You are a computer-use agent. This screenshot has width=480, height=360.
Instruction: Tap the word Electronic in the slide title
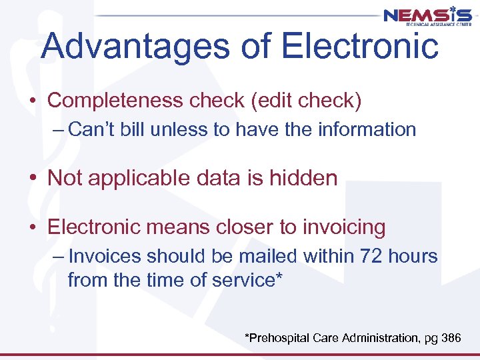(x=360, y=47)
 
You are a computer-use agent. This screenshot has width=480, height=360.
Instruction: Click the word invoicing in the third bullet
(x=343, y=227)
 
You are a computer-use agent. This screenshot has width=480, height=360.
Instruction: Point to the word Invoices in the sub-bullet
(x=105, y=256)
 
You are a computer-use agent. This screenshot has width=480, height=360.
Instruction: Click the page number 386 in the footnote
(x=451, y=339)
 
